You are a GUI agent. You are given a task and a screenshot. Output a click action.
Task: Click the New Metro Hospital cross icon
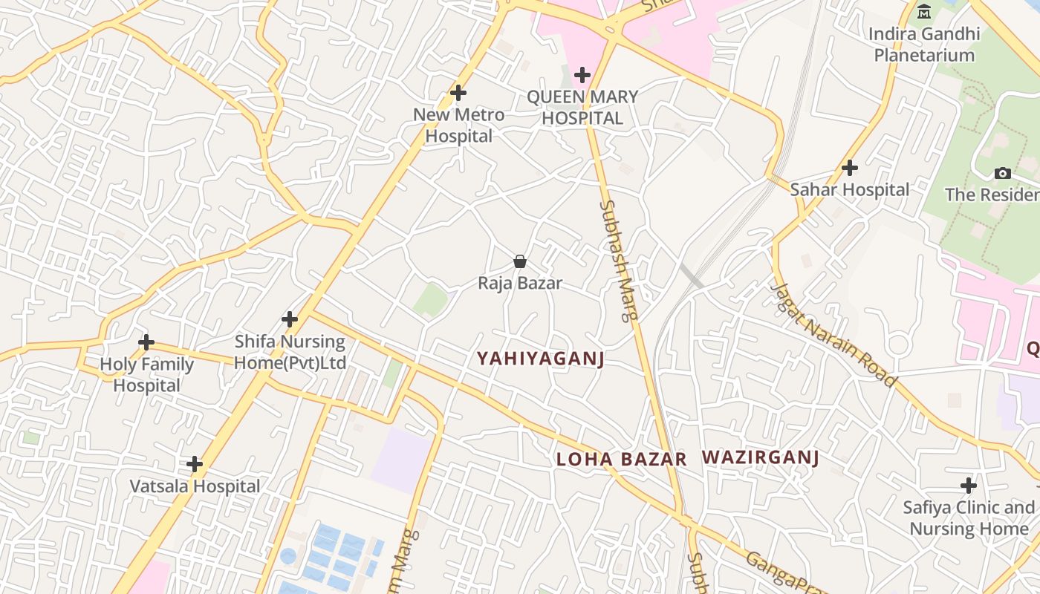pos(458,93)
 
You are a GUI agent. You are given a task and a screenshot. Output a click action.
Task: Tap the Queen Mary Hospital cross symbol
pos(582,74)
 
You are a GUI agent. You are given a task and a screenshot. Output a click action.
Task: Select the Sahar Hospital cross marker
pos(850,168)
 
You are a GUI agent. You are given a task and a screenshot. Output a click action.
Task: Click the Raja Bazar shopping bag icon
pos(520,261)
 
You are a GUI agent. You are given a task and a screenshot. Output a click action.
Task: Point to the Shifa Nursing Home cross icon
pos(290,319)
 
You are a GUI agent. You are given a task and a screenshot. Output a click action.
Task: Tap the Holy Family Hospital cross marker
pos(146,342)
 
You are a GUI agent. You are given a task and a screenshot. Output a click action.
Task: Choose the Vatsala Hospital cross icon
pos(195,464)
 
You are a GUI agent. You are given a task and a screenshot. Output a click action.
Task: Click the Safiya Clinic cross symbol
pos(969,486)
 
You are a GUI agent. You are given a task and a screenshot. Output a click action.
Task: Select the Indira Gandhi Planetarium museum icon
pos(924,11)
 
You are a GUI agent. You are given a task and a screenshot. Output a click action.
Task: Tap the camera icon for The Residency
pos(1003,173)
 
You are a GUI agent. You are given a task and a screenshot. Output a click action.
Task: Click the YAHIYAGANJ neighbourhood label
pos(540,359)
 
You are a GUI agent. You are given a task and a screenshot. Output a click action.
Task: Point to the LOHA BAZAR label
pos(621,459)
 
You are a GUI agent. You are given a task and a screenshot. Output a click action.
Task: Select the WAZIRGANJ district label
pos(760,457)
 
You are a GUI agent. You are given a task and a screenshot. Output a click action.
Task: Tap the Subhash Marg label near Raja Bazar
pos(619,260)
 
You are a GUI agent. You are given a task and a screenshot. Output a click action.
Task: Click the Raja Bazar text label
pos(520,283)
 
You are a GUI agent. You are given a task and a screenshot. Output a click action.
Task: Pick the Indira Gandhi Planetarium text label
pos(924,45)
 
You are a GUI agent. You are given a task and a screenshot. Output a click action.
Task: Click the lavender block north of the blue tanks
pos(401,460)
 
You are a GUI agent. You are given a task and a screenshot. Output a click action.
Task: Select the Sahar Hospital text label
pos(850,189)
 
